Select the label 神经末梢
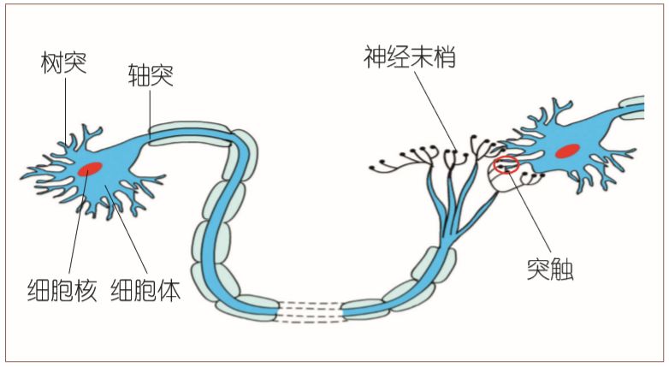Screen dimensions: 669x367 click(x=408, y=58)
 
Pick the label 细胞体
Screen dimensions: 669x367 click(x=145, y=291)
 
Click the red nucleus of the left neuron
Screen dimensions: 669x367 click(x=91, y=169)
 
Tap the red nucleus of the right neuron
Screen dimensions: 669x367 click(x=568, y=151)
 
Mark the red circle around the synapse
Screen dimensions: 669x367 click(x=506, y=163)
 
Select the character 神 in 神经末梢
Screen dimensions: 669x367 click(x=373, y=58)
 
